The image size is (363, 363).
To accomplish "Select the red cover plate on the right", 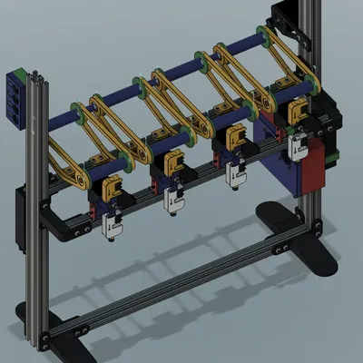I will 313,162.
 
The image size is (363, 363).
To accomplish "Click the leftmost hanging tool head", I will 112,211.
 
